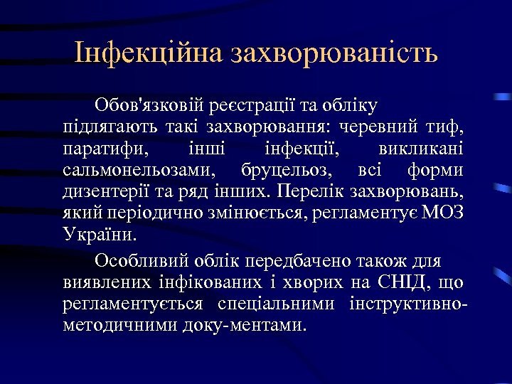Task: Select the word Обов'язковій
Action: (149, 107)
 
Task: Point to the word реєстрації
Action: (250, 107)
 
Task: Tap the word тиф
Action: (447, 129)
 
